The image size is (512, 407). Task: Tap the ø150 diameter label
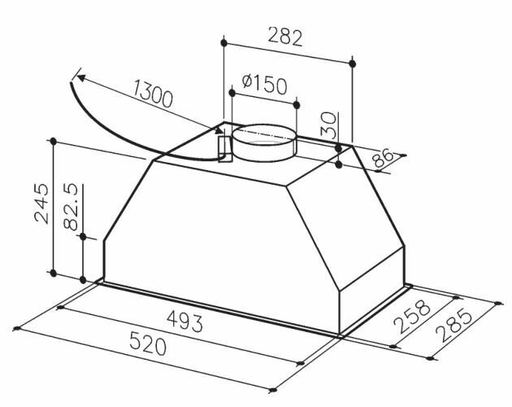264,85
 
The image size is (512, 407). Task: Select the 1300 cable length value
152,94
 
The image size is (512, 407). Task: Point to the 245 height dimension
42,203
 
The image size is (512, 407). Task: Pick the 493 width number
184,321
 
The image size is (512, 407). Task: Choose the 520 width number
148,343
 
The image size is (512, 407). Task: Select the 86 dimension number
383,158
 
